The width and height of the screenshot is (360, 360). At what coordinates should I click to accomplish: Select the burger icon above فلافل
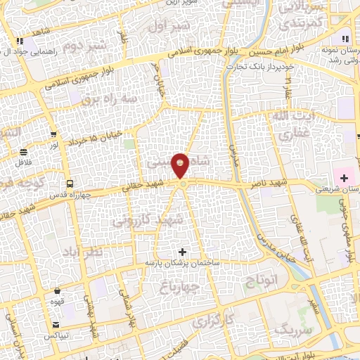[x=24, y=151]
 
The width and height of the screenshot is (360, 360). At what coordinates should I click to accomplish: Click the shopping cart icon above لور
[x=54, y=134]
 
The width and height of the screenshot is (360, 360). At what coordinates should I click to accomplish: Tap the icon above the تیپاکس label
[x=56, y=324]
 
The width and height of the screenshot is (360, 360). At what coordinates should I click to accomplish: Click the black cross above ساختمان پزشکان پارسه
[x=183, y=252]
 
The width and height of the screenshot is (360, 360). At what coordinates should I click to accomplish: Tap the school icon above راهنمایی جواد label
[x=25, y=39]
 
